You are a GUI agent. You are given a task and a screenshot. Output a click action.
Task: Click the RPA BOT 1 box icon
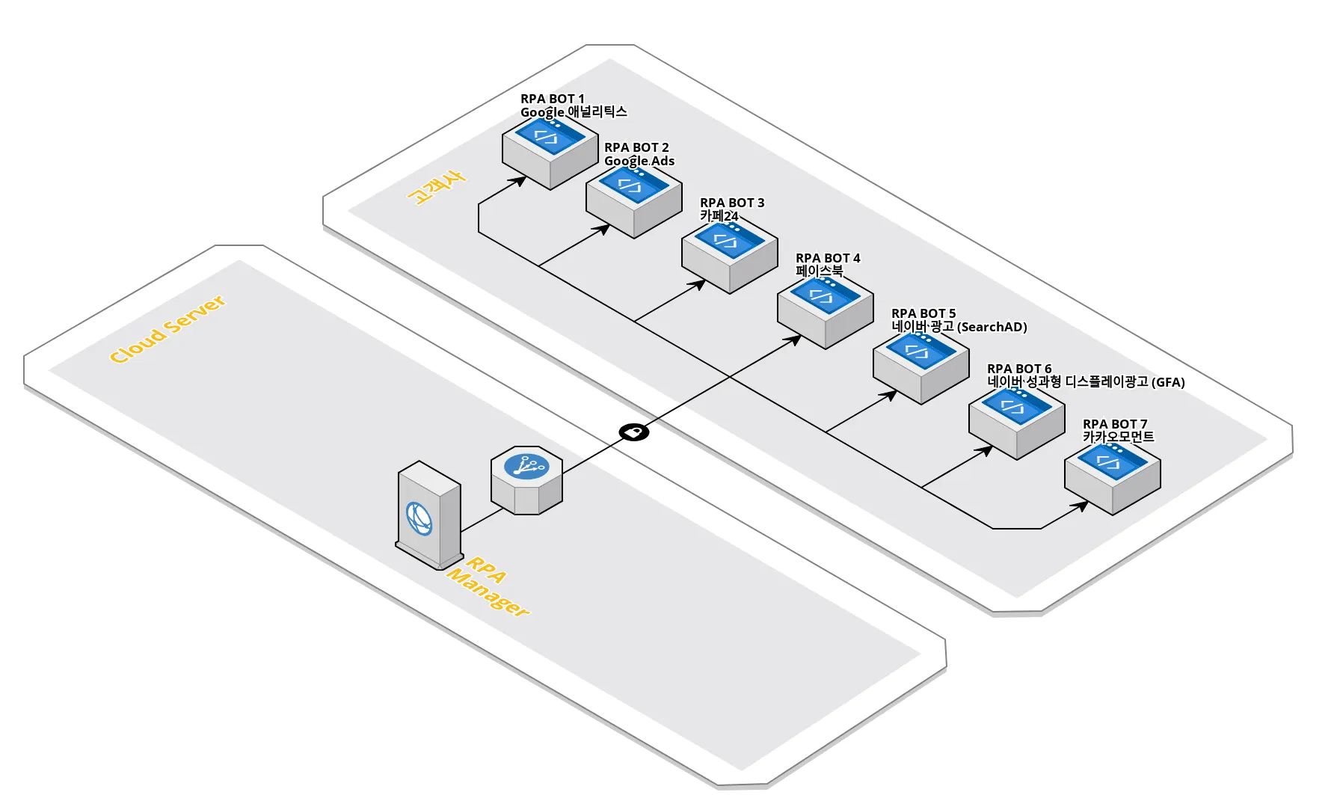click(550, 153)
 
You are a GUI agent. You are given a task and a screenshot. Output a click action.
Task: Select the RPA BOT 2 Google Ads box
click(634, 202)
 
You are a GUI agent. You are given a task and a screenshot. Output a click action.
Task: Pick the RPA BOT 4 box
click(826, 312)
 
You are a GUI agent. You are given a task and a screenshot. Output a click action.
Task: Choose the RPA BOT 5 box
click(921, 367)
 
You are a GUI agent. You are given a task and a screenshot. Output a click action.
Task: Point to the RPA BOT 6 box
click(1017, 423)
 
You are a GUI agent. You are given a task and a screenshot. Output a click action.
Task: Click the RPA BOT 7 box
click(1113, 478)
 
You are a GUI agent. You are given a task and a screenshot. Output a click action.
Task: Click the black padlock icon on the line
click(634, 432)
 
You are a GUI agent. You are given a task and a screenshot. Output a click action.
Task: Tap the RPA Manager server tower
click(428, 515)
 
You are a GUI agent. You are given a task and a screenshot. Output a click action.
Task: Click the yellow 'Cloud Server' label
click(167, 329)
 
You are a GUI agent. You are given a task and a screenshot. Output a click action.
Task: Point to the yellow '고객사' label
click(436, 187)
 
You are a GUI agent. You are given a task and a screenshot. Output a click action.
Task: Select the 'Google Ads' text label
click(639, 161)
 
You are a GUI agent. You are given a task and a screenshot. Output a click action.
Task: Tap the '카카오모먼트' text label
click(1118, 437)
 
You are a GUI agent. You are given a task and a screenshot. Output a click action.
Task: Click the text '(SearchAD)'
click(992, 327)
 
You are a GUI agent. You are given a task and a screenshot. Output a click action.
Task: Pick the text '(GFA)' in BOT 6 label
click(1168, 382)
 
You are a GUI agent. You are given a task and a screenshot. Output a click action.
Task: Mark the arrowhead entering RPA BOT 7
click(1081, 506)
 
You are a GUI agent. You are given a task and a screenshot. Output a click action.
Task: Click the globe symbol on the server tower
click(419, 518)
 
